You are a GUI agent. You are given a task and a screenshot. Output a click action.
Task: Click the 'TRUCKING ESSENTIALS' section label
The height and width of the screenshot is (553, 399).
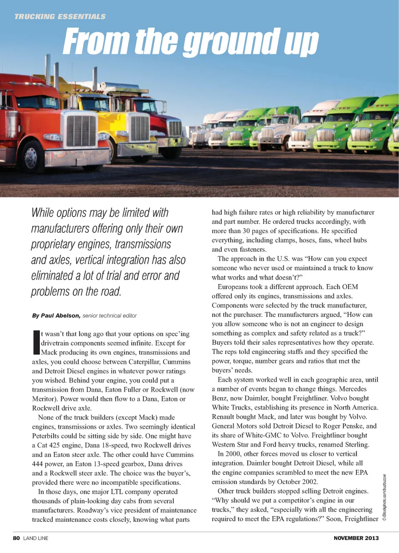60,17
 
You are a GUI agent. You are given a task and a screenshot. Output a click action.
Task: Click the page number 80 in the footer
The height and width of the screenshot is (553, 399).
16,538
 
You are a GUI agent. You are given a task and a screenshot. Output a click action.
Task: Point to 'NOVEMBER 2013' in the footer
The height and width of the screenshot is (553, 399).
356,538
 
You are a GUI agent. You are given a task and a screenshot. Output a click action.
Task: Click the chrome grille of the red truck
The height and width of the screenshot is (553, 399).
81,131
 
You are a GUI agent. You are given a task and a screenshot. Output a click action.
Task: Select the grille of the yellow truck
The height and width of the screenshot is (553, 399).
140,128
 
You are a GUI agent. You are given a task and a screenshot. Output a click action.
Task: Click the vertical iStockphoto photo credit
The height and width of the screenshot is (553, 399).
384,497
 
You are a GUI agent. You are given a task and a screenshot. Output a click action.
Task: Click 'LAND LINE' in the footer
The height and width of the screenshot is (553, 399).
36,538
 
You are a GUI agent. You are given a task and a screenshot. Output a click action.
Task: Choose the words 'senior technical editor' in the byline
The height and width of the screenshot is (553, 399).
109,316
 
